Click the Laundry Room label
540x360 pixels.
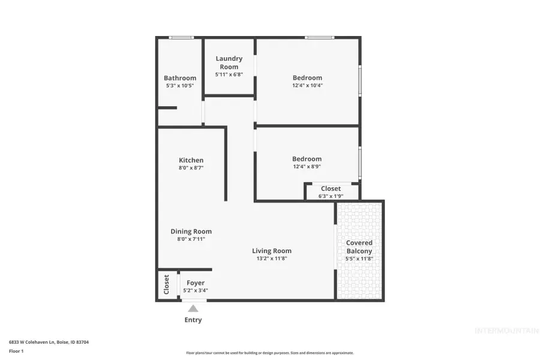click(x=229, y=62)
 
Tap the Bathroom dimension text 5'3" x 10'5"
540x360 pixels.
click(x=180, y=86)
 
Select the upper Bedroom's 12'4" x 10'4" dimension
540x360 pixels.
click(x=307, y=85)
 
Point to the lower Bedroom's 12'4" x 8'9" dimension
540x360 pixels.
click(x=307, y=167)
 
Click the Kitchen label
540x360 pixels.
click(x=191, y=160)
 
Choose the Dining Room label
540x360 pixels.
click(x=191, y=232)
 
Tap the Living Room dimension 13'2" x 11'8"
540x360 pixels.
click(x=271, y=259)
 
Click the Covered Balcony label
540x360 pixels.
click(x=359, y=247)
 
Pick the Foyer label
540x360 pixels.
click(x=196, y=283)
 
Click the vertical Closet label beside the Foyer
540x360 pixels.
click(x=166, y=284)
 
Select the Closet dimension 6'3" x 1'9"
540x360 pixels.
click(x=331, y=196)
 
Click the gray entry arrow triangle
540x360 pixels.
click(x=193, y=308)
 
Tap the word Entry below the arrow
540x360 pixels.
click(x=193, y=320)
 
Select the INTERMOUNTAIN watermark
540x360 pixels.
click(x=506, y=331)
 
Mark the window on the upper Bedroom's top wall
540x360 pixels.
click(x=320, y=38)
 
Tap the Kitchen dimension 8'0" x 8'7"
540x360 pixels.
click(x=191, y=168)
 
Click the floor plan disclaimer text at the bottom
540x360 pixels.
click(x=270, y=353)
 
